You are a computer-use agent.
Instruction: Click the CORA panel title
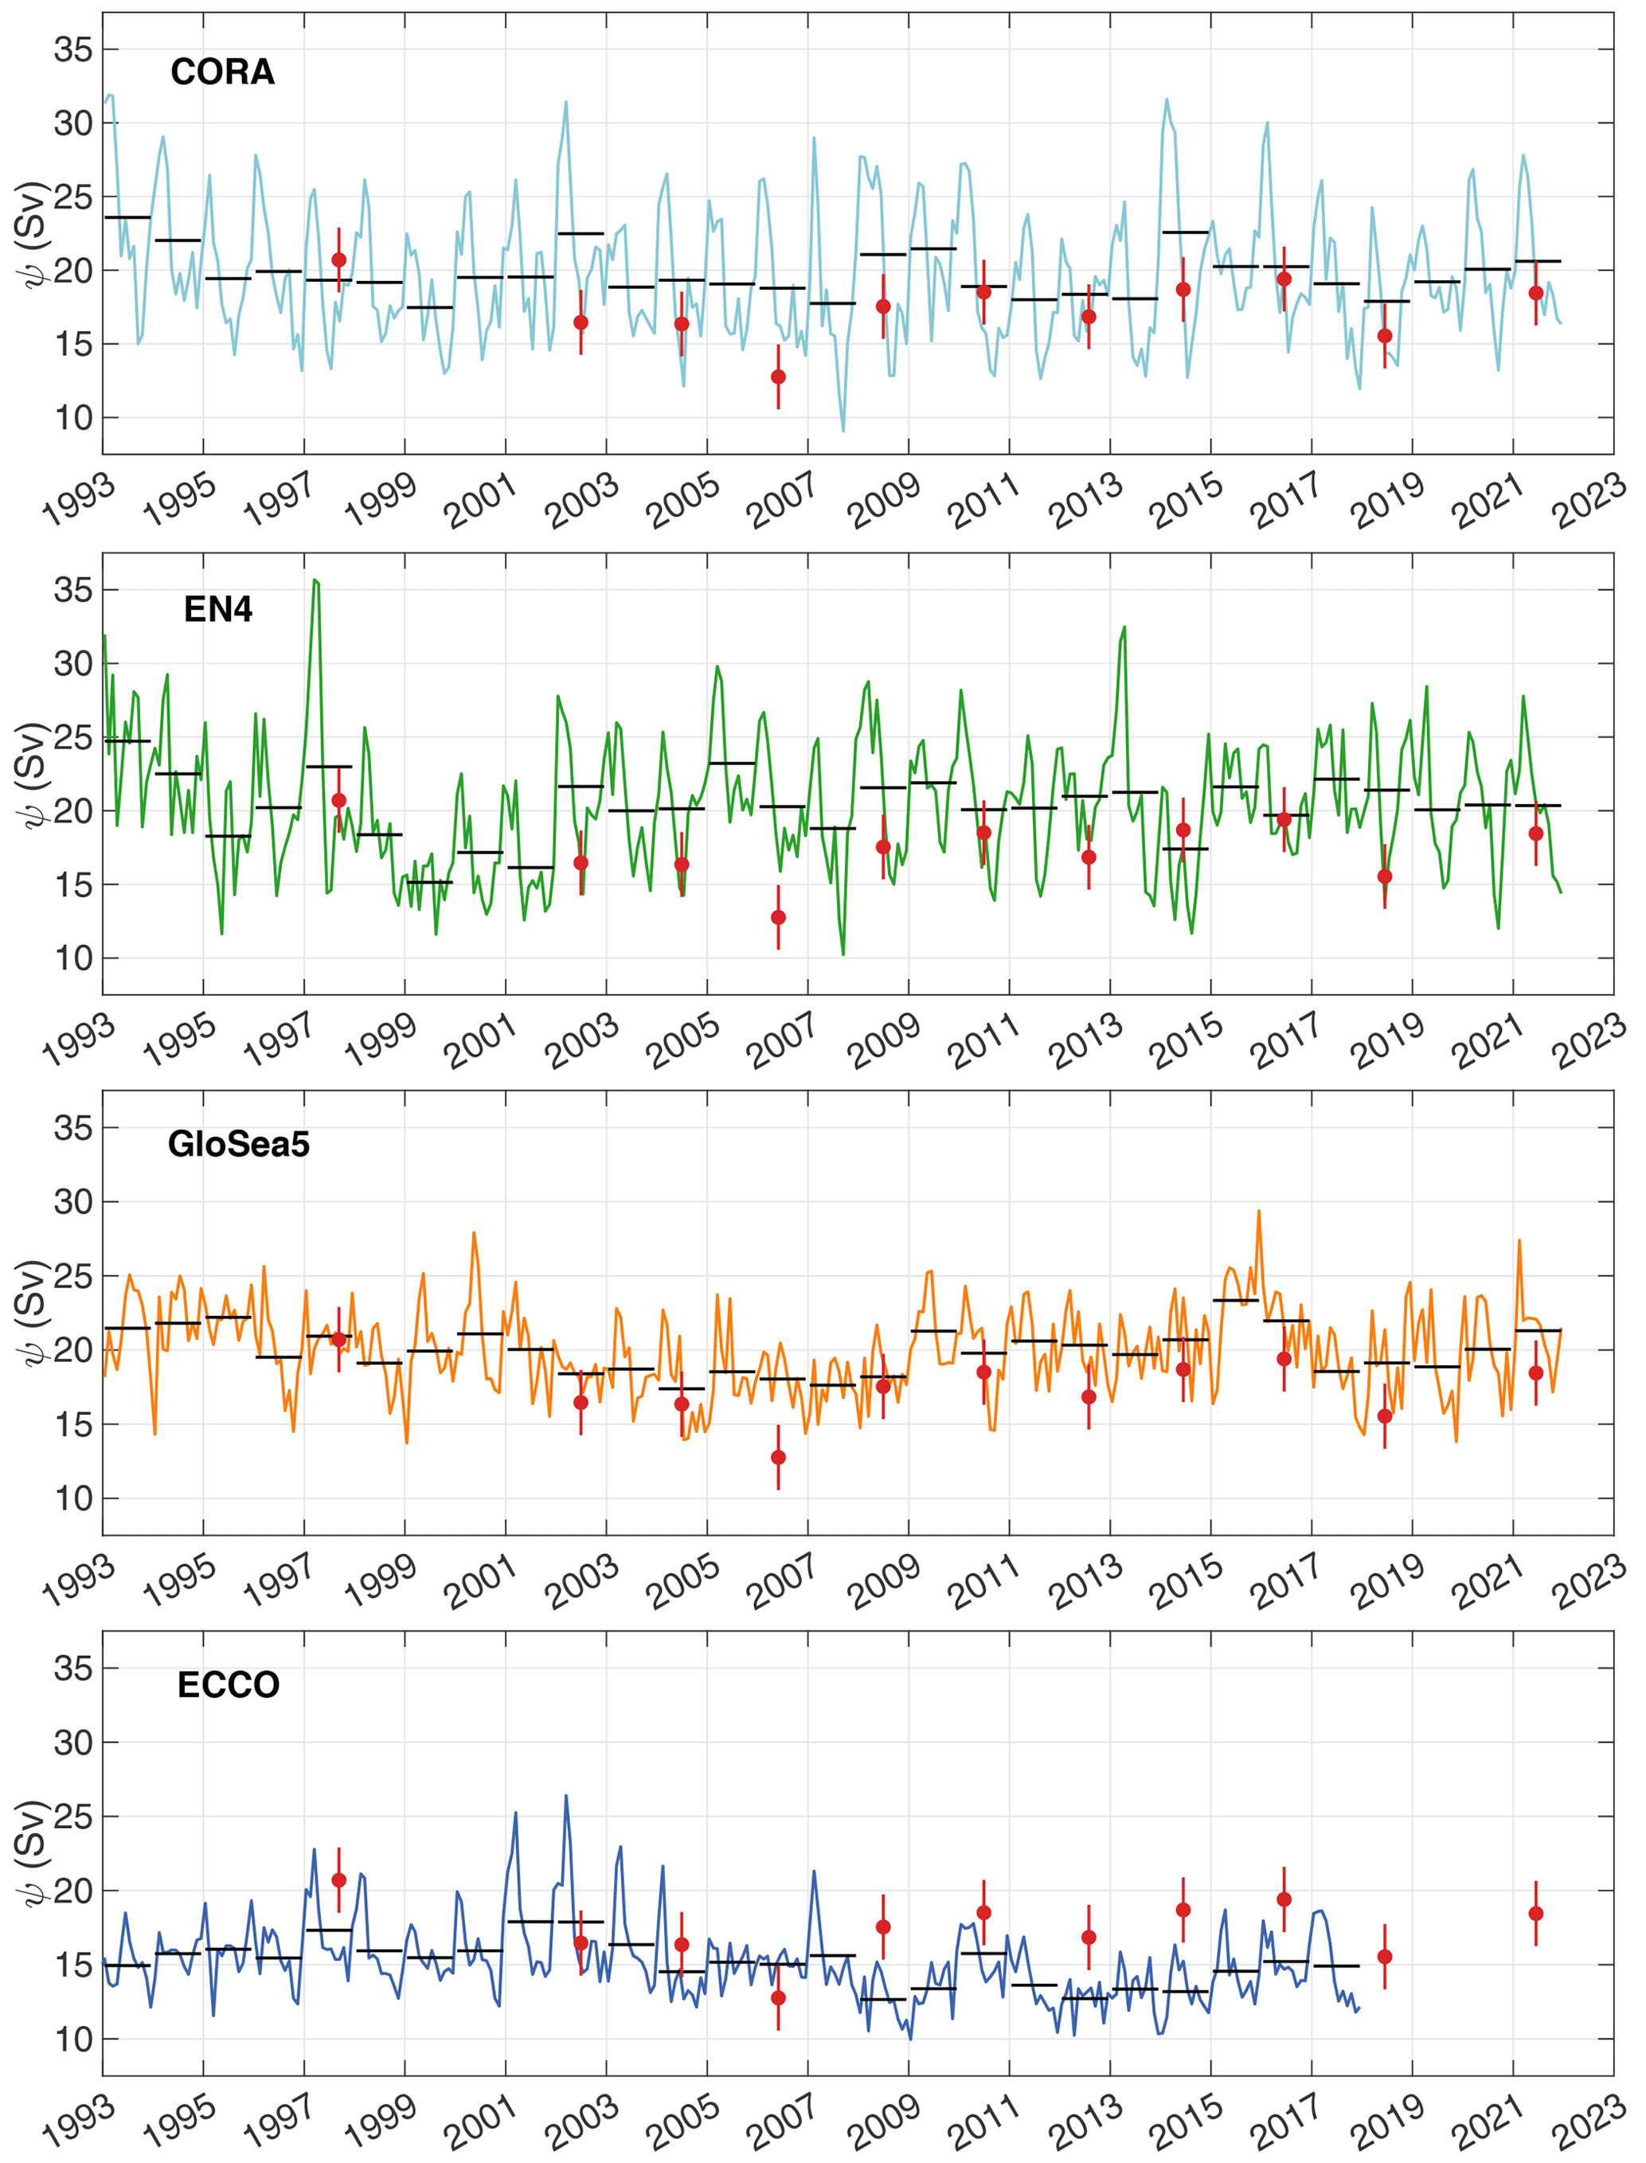tap(222, 72)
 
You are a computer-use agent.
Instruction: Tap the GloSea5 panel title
tap(238, 1143)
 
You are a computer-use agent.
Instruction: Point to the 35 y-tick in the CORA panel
tap(73, 49)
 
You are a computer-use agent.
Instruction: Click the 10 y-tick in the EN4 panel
tap(73, 958)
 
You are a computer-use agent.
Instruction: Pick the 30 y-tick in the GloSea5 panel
tap(73, 1202)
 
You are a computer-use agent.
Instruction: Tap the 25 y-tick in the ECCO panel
tap(73, 1817)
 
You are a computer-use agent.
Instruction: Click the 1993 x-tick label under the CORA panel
tap(78, 501)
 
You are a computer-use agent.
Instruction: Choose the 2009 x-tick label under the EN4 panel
tap(884, 1041)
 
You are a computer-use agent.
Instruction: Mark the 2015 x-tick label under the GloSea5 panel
tap(1186, 1580)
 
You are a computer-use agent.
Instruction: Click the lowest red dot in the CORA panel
tap(778, 377)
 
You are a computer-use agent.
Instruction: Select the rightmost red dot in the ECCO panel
tap(1535, 1913)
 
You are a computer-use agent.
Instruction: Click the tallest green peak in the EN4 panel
tap(315, 580)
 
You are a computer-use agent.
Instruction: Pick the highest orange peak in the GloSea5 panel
tap(1259, 1211)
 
